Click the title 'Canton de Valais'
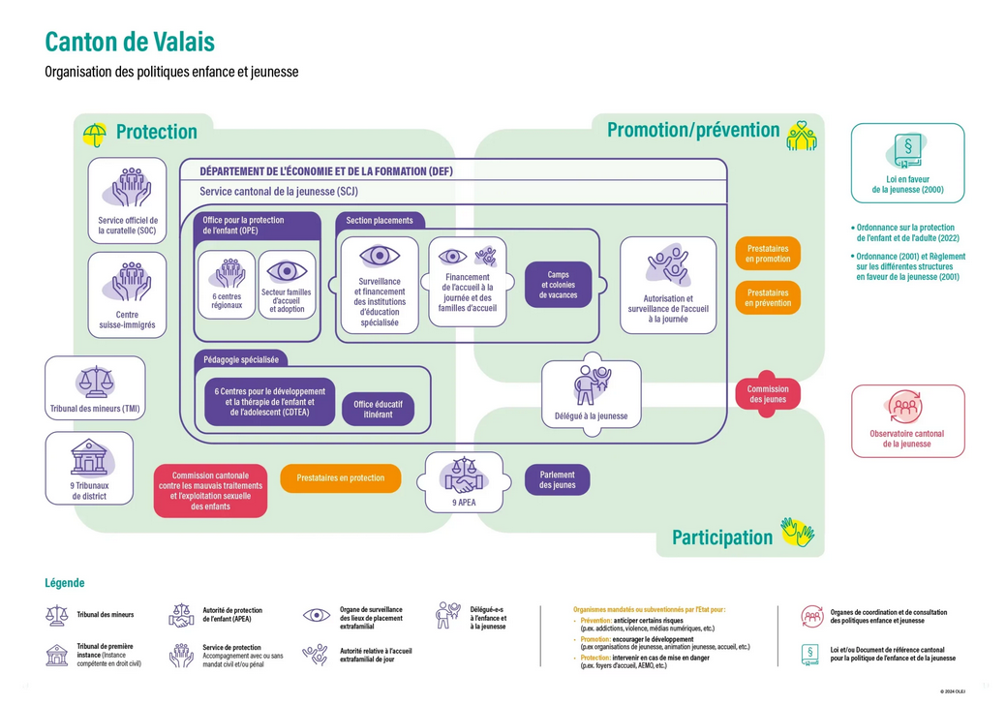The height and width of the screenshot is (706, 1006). click(130, 42)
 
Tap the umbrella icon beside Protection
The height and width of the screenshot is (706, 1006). click(95, 133)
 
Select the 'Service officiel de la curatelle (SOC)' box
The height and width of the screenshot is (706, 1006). click(127, 200)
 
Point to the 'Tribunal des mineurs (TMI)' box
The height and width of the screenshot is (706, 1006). click(95, 387)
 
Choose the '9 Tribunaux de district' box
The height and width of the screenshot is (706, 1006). click(89, 468)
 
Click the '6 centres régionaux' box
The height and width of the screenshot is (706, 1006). click(227, 285)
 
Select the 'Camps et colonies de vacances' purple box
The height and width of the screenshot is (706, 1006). click(558, 285)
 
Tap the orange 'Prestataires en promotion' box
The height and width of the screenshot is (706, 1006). click(767, 254)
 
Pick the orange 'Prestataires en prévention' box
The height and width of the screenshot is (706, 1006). click(767, 297)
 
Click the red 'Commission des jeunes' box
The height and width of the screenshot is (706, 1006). click(767, 394)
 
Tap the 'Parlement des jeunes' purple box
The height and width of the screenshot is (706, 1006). click(557, 479)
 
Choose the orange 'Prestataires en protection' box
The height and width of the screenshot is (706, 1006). click(340, 477)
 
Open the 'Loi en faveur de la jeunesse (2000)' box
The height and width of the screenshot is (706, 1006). click(907, 163)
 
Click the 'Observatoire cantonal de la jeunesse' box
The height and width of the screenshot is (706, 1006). click(907, 420)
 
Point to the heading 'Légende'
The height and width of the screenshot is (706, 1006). click(64, 583)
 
